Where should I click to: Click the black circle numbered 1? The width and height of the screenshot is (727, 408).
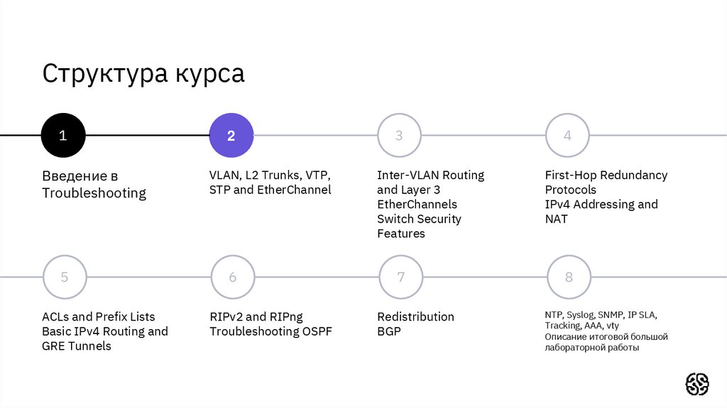(x=63, y=135)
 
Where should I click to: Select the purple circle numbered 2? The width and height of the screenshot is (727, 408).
(x=231, y=135)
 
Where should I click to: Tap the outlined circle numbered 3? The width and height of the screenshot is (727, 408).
(x=399, y=135)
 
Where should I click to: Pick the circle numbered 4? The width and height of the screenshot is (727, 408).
(x=567, y=135)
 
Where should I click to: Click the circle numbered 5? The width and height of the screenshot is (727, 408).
(x=65, y=277)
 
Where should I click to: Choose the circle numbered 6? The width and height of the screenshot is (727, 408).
(x=232, y=277)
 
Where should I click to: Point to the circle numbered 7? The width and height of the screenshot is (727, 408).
(x=400, y=277)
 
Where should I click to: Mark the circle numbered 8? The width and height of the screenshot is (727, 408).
(x=569, y=277)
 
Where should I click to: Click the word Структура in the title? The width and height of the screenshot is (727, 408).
(x=101, y=74)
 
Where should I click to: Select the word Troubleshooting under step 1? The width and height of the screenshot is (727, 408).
(x=94, y=193)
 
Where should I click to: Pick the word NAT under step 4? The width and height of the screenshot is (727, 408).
(x=557, y=219)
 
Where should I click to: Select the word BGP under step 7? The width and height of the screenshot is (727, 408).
(x=389, y=331)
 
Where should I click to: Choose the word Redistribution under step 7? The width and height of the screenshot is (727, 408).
(x=415, y=316)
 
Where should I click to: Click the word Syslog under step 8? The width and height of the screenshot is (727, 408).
(x=580, y=314)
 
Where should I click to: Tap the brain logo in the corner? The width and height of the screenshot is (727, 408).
(x=697, y=384)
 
